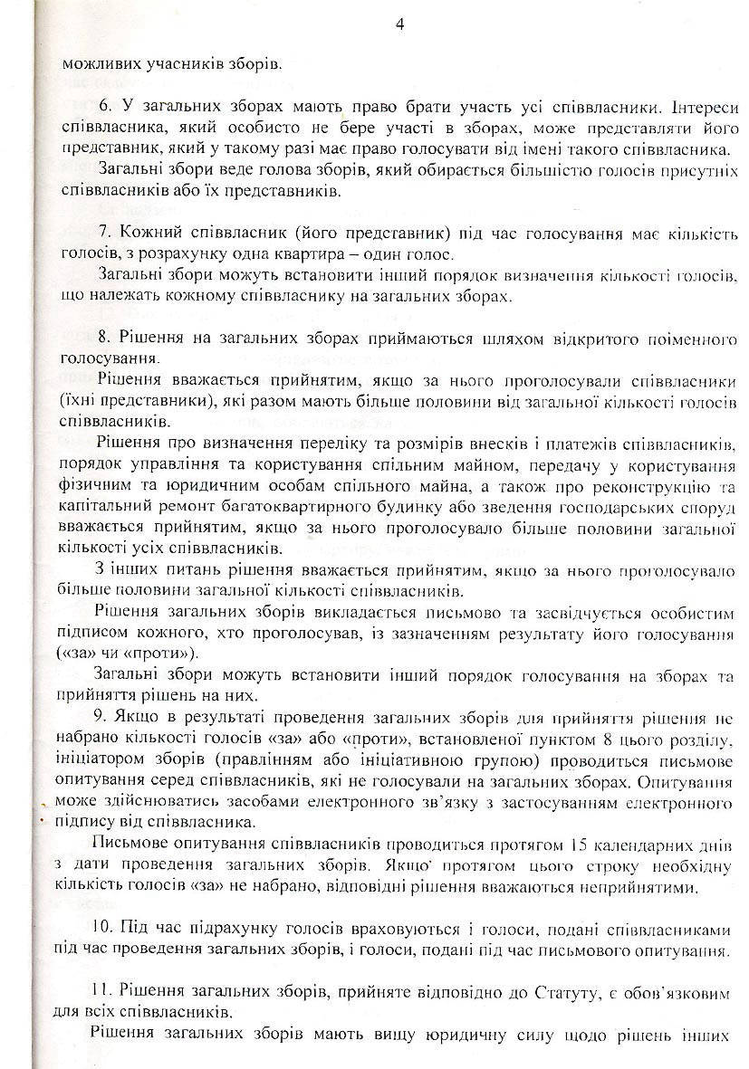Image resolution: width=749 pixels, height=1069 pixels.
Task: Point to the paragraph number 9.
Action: coord(102,719)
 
